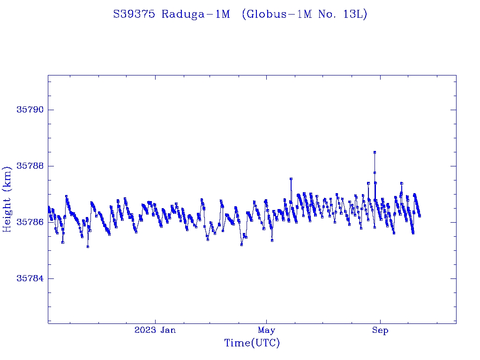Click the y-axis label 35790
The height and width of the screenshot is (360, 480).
(30, 110)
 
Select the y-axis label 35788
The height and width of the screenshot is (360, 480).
(30, 166)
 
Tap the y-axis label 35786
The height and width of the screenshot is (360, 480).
(30, 222)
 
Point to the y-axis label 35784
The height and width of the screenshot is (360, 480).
(30, 278)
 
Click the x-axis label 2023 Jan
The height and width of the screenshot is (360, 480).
(155, 330)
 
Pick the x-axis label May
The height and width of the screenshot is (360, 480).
(266, 330)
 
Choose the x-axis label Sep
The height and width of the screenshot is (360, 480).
(380, 330)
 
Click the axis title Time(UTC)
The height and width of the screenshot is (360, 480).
(252, 343)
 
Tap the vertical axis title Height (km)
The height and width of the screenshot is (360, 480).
(7, 199)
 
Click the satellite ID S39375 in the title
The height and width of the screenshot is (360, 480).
(134, 14)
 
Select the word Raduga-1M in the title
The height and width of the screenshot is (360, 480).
(196, 14)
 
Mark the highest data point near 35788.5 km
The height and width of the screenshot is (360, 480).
(375, 152)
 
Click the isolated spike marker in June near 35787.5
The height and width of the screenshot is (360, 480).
(291, 179)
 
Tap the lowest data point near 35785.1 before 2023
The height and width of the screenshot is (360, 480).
(88, 247)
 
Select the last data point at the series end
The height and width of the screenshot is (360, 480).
(420, 216)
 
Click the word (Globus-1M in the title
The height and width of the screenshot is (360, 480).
(274, 14)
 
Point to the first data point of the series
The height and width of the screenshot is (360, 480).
(48, 207)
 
